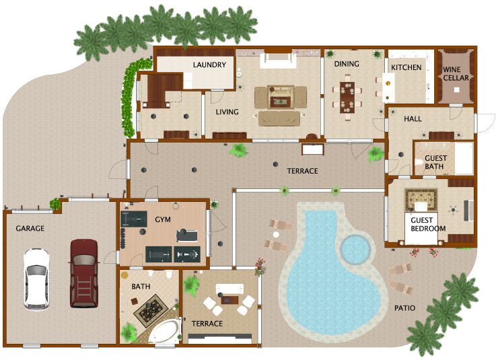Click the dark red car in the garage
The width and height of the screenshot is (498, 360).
83,273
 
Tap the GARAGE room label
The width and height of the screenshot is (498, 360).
30,229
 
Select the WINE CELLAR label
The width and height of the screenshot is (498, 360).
456,73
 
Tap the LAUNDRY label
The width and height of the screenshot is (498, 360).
209,65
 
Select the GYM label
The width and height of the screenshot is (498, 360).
163,220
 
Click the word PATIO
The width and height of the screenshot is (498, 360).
405,308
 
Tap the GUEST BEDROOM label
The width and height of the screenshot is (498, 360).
429,224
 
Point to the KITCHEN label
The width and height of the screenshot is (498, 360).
406,67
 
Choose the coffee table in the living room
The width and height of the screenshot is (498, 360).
280,101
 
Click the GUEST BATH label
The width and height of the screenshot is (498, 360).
435,163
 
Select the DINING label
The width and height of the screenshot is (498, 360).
347,64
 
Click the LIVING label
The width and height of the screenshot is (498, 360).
227,112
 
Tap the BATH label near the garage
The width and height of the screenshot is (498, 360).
141,287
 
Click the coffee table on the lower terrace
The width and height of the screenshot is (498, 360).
230,299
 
